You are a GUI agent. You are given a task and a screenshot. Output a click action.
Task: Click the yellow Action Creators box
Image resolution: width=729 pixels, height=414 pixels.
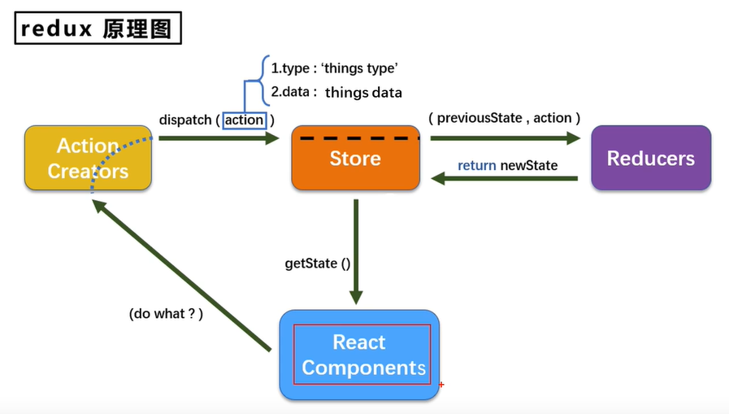click(x=88, y=159)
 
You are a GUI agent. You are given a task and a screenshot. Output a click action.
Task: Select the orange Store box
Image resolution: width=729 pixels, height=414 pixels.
click(x=355, y=159)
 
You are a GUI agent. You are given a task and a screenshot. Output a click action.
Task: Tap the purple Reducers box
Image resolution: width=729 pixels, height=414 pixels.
click(x=651, y=159)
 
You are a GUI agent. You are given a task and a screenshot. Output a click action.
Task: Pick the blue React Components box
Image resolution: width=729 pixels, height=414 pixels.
click(x=360, y=355)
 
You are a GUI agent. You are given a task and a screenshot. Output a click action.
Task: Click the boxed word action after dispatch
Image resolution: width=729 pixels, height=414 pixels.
click(x=245, y=120)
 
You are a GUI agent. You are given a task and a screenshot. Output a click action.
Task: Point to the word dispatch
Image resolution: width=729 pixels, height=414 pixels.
click(x=186, y=120)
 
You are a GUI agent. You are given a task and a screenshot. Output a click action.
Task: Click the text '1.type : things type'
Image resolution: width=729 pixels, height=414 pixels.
click(x=334, y=68)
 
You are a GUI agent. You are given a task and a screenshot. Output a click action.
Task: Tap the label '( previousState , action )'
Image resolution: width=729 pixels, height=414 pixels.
click(x=505, y=118)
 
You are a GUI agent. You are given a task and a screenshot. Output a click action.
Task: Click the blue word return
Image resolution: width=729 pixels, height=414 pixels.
click(x=477, y=165)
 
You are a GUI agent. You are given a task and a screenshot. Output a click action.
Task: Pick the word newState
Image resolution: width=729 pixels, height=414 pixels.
click(x=529, y=165)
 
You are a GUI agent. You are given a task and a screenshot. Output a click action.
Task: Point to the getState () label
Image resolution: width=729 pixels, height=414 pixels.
click(x=317, y=263)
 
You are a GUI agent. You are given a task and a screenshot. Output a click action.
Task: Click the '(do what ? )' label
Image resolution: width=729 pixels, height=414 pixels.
click(x=166, y=313)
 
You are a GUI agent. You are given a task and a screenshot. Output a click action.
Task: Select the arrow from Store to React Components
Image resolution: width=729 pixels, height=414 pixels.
click(x=356, y=252)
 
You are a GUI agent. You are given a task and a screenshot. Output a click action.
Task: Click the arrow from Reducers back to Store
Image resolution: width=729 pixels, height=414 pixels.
click(x=504, y=179)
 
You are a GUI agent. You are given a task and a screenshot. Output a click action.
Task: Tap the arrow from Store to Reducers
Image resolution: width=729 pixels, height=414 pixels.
click(x=504, y=138)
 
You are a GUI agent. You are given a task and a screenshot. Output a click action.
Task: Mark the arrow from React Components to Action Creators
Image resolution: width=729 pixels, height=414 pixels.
click(x=179, y=277)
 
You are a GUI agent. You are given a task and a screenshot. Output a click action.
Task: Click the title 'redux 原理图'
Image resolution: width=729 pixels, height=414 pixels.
click(x=98, y=29)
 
